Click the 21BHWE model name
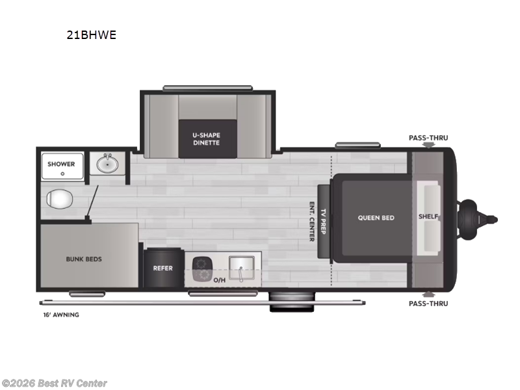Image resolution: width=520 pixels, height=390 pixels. [91, 36]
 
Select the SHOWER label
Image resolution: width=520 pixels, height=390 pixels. [61, 164]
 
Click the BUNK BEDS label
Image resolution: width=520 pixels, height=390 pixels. [84, 259]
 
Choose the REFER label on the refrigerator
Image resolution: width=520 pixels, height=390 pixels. [162, 268]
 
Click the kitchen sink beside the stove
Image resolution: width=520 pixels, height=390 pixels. [240, 268]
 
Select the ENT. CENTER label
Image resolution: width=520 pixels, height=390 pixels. [312, 221]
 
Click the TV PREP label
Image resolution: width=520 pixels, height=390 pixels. [323, 221]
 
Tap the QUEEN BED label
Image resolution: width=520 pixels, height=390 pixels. [376, 218]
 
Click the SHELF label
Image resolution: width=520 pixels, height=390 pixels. [428, 217]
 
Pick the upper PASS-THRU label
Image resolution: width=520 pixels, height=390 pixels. [428, 138]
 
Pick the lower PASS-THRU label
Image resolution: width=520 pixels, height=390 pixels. [428, 303]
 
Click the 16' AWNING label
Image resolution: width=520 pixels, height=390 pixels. [59, 315]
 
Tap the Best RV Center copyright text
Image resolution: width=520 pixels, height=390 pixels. [55, 383]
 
